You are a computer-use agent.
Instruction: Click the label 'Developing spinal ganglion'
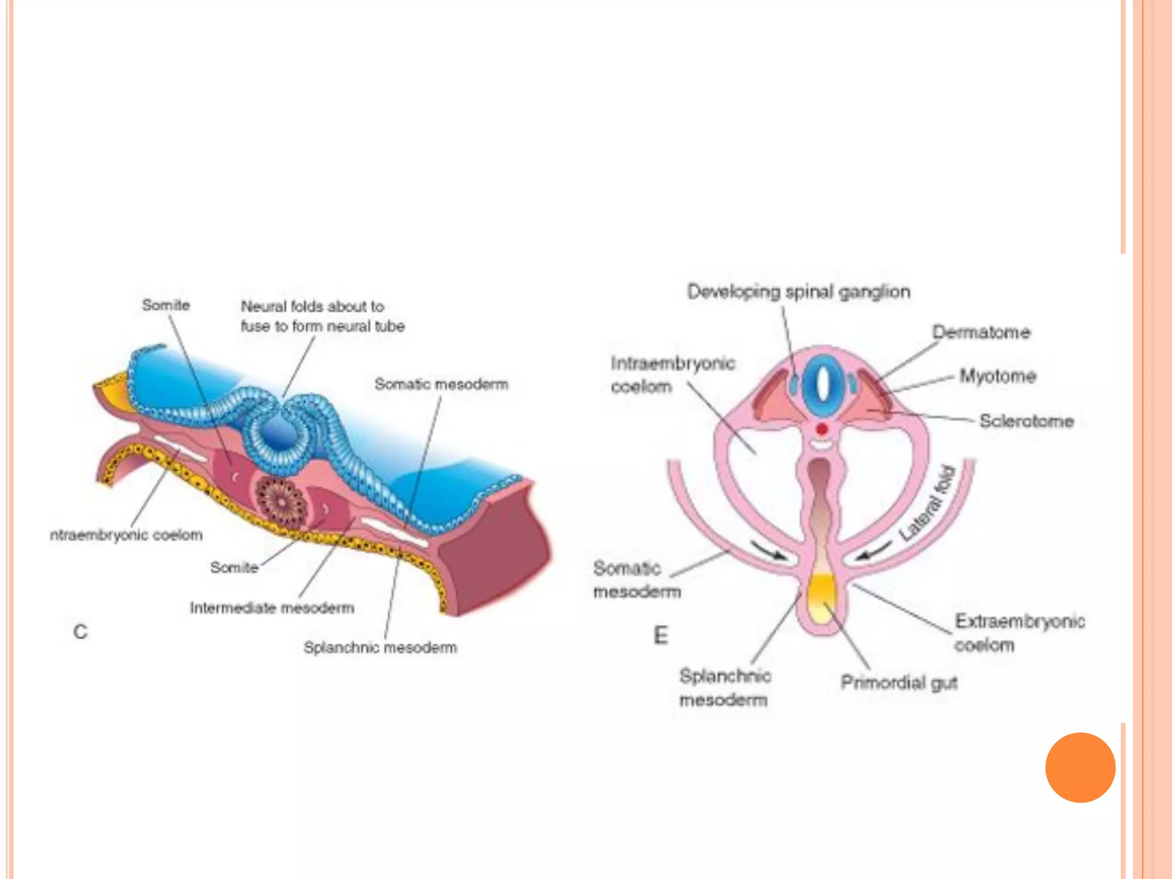(x=798, y=292)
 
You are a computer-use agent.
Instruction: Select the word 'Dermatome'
(x=981, y=332)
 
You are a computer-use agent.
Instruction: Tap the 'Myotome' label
(x=997, y=376)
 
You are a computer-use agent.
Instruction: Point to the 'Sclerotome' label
(x=1026, y=421)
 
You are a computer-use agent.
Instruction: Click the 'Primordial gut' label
(x=898, y=682)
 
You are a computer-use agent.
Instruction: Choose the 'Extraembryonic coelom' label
(x=1019, y=633)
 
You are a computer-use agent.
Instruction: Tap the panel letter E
(x=660, y=635)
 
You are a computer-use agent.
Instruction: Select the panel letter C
(x=81, y=632)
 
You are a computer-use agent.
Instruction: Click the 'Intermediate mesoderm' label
(x=272, y=608)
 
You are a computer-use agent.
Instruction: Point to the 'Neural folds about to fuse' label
(x=322, y=316)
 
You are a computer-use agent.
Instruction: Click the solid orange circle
(x=1080, y=767)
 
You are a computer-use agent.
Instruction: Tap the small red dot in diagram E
(x=822, y=429)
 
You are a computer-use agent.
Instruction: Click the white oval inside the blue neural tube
(x=822, y=383)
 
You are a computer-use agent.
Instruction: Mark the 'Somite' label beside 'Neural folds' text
(x=166, y=305)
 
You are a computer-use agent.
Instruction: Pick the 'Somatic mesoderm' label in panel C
(x=441, y=384)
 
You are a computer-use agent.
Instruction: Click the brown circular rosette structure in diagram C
(x=280, y=501)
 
